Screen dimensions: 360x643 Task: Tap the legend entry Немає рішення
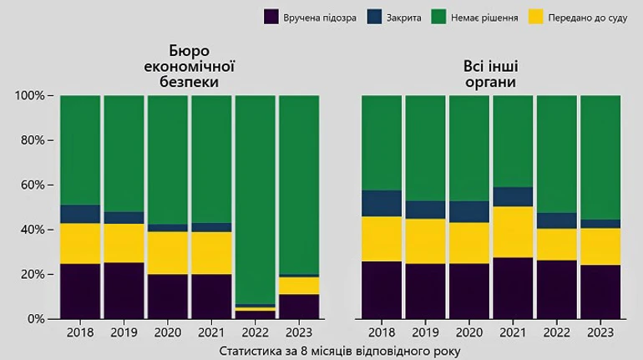pos(481,16)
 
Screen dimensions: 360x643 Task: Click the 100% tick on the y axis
pos(29,95)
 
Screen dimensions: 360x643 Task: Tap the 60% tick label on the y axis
pos(32,185)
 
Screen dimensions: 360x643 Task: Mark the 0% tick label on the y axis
pos(34,319)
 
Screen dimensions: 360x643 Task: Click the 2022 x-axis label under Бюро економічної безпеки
pos(256,332)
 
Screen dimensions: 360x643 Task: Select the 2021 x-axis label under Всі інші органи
pos(513,332)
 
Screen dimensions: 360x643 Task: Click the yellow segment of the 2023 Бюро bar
pos(299,286)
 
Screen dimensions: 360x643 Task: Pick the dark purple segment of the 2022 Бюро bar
pos(256,315)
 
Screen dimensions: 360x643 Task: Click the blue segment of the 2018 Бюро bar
pos(80,214)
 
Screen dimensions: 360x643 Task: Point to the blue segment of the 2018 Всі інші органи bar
pos(382,203)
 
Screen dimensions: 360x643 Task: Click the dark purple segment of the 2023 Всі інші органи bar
pos(600,292)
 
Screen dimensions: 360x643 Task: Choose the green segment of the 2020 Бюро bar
pos(168,159)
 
